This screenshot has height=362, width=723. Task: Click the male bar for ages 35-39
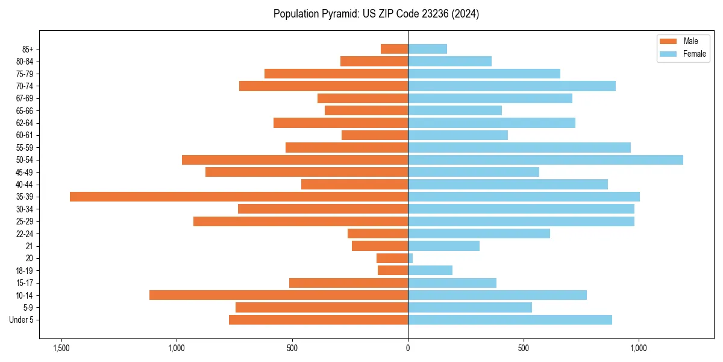pos(239,197)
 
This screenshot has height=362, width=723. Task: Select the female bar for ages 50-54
pos(545,160)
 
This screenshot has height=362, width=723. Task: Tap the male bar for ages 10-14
pos(278,295)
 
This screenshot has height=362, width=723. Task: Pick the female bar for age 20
pos(410,258)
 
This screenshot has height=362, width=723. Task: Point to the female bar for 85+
pos(427,49)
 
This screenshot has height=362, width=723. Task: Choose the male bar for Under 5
pos(318,320)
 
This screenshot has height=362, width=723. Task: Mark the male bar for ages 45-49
pos(307,172)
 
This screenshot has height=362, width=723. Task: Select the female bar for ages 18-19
pos(430,270)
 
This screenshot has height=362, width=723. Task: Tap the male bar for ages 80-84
pos(374,61)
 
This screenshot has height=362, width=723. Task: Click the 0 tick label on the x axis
pos(408,348)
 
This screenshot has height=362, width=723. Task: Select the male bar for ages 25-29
pos(301,221)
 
